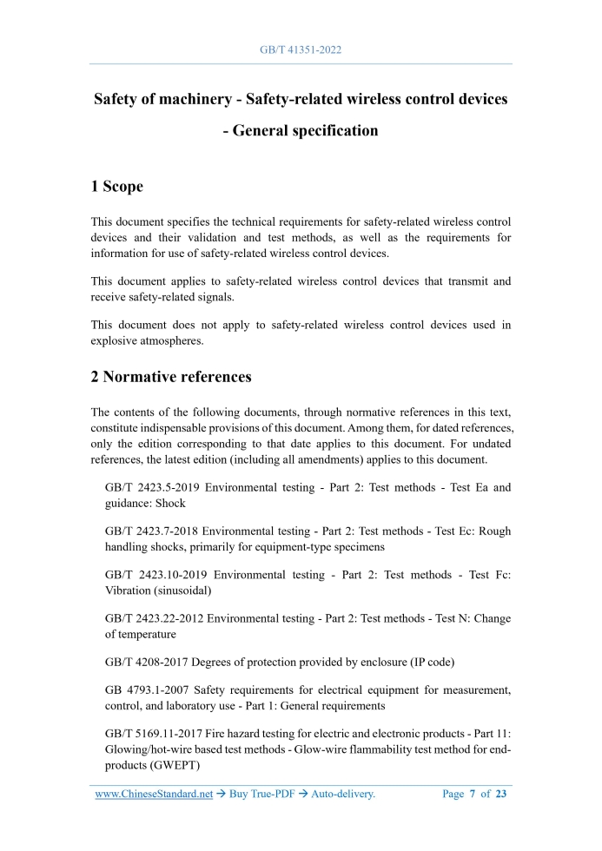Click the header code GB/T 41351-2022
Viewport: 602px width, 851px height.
pos(301,49)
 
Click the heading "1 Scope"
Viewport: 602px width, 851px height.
pos(117,187)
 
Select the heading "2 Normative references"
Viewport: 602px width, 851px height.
pos(171,377)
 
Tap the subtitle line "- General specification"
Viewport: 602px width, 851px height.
pos(301,131)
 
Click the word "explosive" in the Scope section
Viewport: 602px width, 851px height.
pos(117,340)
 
